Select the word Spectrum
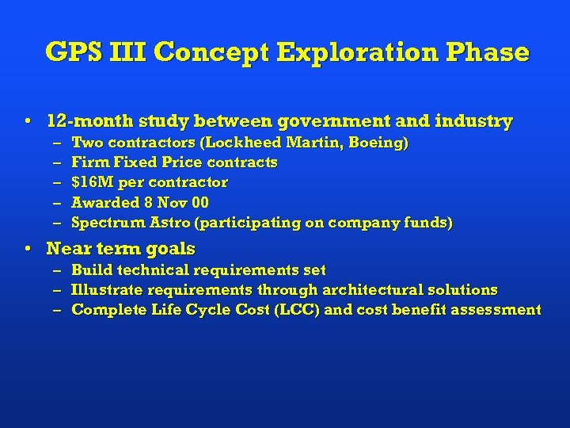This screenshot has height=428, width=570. [105, 224]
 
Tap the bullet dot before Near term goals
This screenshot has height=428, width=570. [28, 249]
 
